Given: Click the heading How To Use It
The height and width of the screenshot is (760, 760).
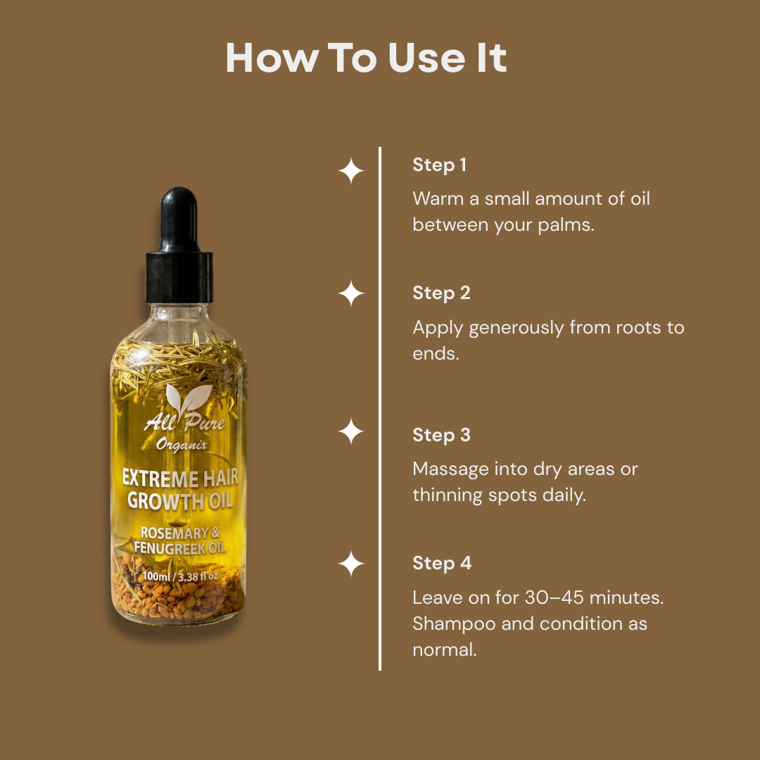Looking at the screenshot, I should click(x=366, y=58).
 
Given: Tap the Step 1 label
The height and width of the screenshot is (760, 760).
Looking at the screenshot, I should click(x=439, y=165).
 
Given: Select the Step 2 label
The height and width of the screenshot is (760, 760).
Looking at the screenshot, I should click(x=441, y=293).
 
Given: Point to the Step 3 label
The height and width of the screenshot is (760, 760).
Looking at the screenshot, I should click(x=441, y=435).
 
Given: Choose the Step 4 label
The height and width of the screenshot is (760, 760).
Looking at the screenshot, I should click(x=442, y=563).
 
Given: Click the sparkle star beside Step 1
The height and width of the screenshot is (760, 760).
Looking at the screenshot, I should click(x=351, y=172).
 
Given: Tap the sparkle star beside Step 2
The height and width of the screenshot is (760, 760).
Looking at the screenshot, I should click(x=351, y=293).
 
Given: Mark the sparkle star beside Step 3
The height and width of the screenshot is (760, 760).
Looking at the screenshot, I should click(x=351, y=431).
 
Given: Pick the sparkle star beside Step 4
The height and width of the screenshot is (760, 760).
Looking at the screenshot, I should click(x=351, y=564).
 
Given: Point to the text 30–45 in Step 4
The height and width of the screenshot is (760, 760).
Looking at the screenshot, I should click(x=554, y=597).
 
